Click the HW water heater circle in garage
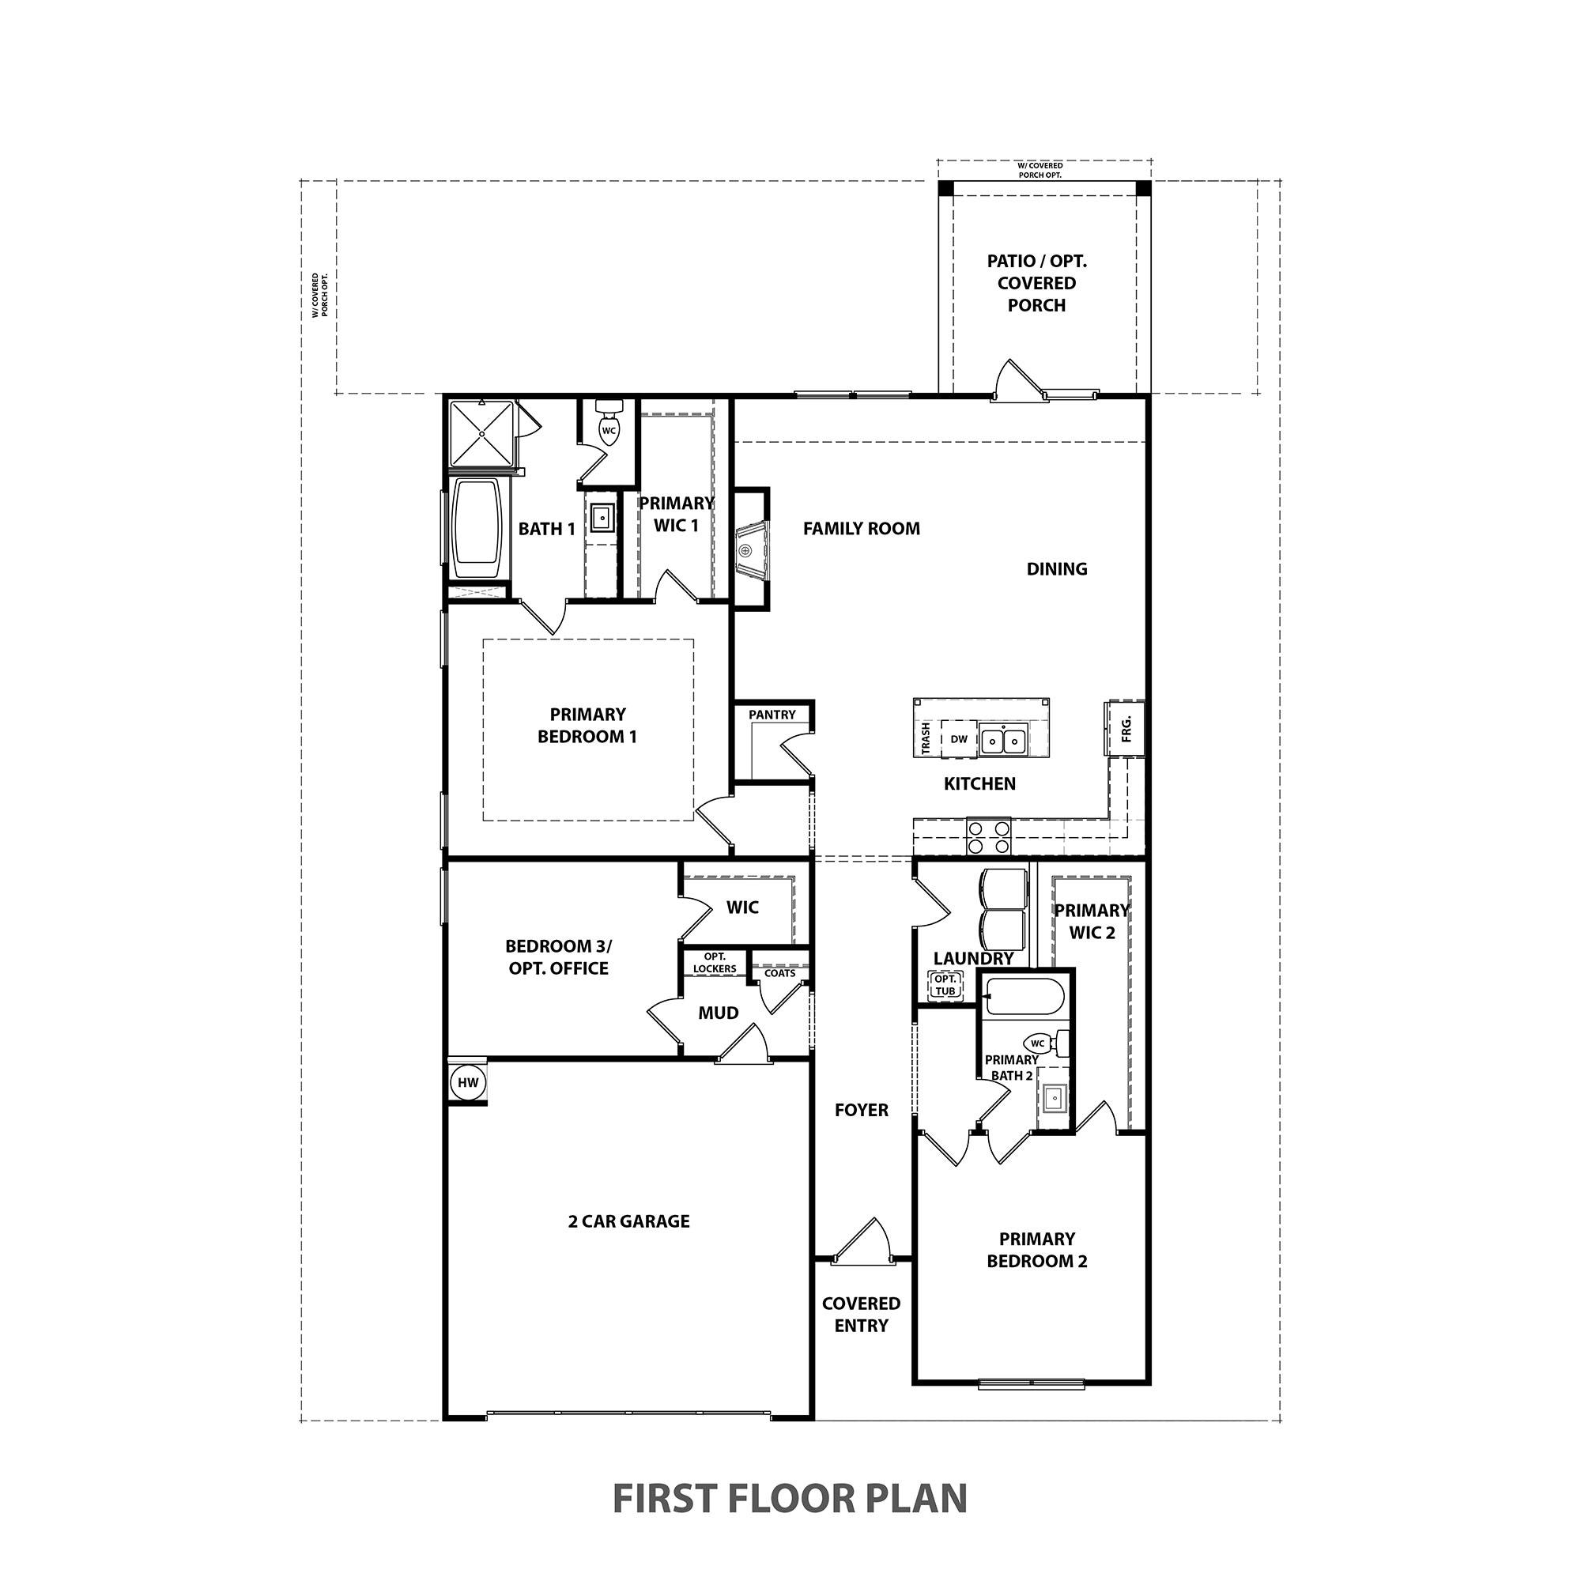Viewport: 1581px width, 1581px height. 467,1083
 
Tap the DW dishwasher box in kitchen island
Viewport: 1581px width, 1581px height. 958,739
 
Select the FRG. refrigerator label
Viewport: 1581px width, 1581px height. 1126,727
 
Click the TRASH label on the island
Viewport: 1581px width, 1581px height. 926,738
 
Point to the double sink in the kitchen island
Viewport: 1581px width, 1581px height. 1003,741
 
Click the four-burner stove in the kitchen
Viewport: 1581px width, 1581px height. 989,838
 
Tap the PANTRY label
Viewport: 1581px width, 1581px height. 772,715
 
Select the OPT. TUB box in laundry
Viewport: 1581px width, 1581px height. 945,985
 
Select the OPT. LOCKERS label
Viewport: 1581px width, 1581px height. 715,962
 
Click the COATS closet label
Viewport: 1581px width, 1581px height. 779,973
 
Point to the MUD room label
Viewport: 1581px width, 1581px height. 719,1013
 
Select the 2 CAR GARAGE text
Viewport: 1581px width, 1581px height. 628,1221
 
